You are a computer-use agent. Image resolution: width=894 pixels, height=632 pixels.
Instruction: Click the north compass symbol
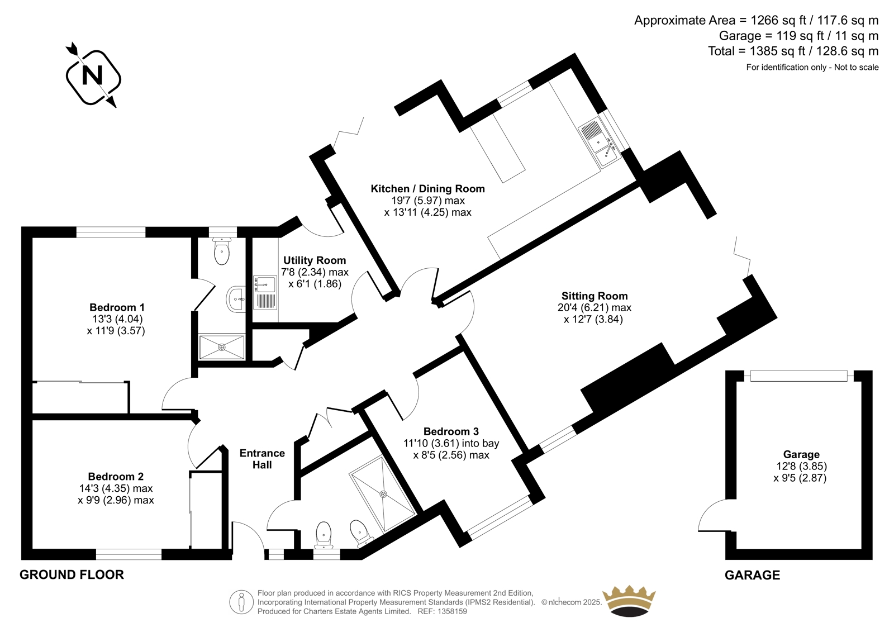tap(93, 76)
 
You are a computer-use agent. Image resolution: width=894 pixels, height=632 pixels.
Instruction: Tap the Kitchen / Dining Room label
tap(427, 188)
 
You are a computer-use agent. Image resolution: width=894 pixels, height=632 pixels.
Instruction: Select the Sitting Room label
tap(595, 296)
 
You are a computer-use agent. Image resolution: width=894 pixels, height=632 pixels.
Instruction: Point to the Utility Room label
tap(315, 260)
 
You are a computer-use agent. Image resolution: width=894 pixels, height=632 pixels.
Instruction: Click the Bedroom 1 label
tap(117, 307)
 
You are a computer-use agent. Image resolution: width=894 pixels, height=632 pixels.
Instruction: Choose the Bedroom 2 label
tap(116, 476)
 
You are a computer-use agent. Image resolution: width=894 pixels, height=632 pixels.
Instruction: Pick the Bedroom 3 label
tap(451, 431)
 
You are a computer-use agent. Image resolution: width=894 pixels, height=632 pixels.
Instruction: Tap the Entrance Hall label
tap(262, 459)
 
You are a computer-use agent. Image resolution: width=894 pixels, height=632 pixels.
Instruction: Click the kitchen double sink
tap(600, 142)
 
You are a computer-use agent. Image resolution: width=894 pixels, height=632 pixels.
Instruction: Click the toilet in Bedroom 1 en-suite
tap(222, 251)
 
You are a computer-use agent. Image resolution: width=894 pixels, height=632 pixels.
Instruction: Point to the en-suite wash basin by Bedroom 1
tap(236, 299)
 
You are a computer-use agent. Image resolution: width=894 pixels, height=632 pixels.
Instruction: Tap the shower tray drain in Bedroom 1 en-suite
tap(221, 348)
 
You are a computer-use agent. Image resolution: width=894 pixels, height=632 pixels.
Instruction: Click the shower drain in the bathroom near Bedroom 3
tap(383, 494)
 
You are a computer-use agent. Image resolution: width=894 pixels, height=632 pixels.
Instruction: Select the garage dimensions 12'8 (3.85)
tap(801, 466)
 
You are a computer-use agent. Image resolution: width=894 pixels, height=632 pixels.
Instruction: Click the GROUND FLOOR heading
tap(72, 574)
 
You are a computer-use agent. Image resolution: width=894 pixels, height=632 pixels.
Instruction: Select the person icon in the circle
tap(241, 602)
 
